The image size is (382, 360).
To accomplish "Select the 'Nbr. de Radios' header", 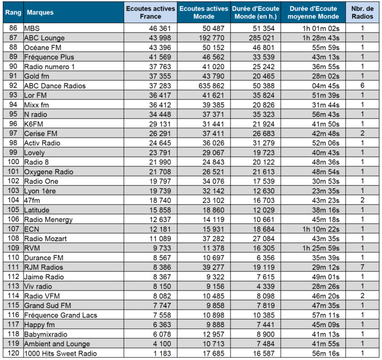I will [362, 12].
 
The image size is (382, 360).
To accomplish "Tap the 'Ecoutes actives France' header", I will [150, 12].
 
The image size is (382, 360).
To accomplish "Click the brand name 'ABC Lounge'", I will [44, 38].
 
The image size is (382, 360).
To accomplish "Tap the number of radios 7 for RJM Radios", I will [362, 267].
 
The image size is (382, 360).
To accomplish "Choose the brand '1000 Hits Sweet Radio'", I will [60, 354].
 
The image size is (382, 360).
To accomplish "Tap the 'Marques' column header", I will [40, 12].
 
